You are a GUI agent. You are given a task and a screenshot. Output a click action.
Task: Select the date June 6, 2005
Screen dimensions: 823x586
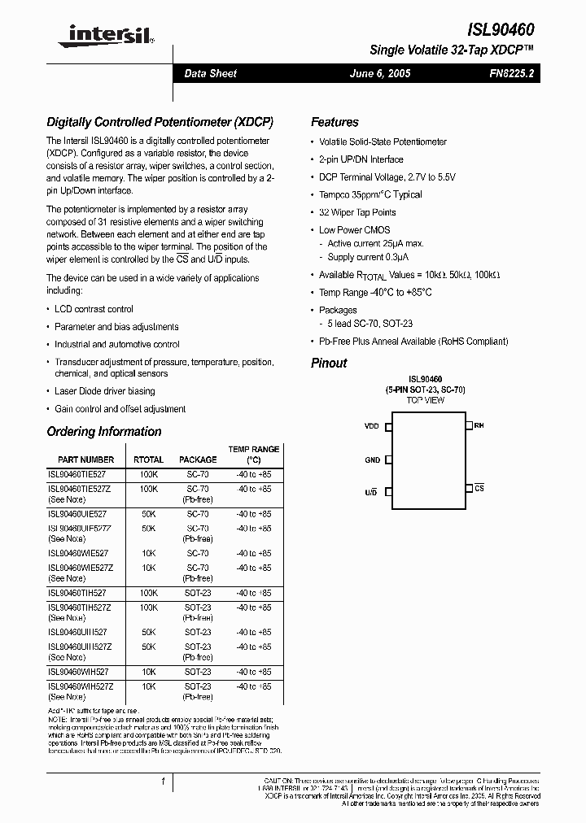click(x=379, y=74)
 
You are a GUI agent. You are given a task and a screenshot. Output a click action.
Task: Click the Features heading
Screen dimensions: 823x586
click(x=335, y=123)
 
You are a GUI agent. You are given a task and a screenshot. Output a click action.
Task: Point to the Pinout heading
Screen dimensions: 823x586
click(x=329, y=364)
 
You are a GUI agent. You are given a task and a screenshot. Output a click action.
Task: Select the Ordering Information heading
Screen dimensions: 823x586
click(x=103, y=432)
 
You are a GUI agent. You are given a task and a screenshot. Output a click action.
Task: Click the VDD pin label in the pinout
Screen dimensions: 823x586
click(x=372, y=425)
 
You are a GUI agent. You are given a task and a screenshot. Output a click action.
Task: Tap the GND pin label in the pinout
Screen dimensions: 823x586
click(x=372, y=460)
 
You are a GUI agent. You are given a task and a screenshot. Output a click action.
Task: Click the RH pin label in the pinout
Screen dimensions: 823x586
click(x=479, y=425)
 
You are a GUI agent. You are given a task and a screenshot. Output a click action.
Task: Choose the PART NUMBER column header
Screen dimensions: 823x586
click(x=85, y=459)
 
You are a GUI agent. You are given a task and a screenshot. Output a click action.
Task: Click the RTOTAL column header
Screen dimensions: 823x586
click(x=148, y=459)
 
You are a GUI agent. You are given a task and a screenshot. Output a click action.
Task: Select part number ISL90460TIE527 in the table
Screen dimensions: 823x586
click(x=77, y=473)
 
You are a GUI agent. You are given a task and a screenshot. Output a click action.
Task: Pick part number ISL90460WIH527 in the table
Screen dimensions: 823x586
click(x=77, y=672)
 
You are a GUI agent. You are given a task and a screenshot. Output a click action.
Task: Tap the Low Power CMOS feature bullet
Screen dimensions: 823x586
click(x=354, y=230)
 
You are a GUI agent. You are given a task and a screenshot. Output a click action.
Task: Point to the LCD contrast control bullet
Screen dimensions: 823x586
click(x=94, y=309)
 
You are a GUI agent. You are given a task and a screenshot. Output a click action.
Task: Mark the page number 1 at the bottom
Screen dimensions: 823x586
click(x=164, y=782)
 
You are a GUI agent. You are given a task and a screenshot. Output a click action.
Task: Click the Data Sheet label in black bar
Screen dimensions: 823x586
click(x=210, y=74)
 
